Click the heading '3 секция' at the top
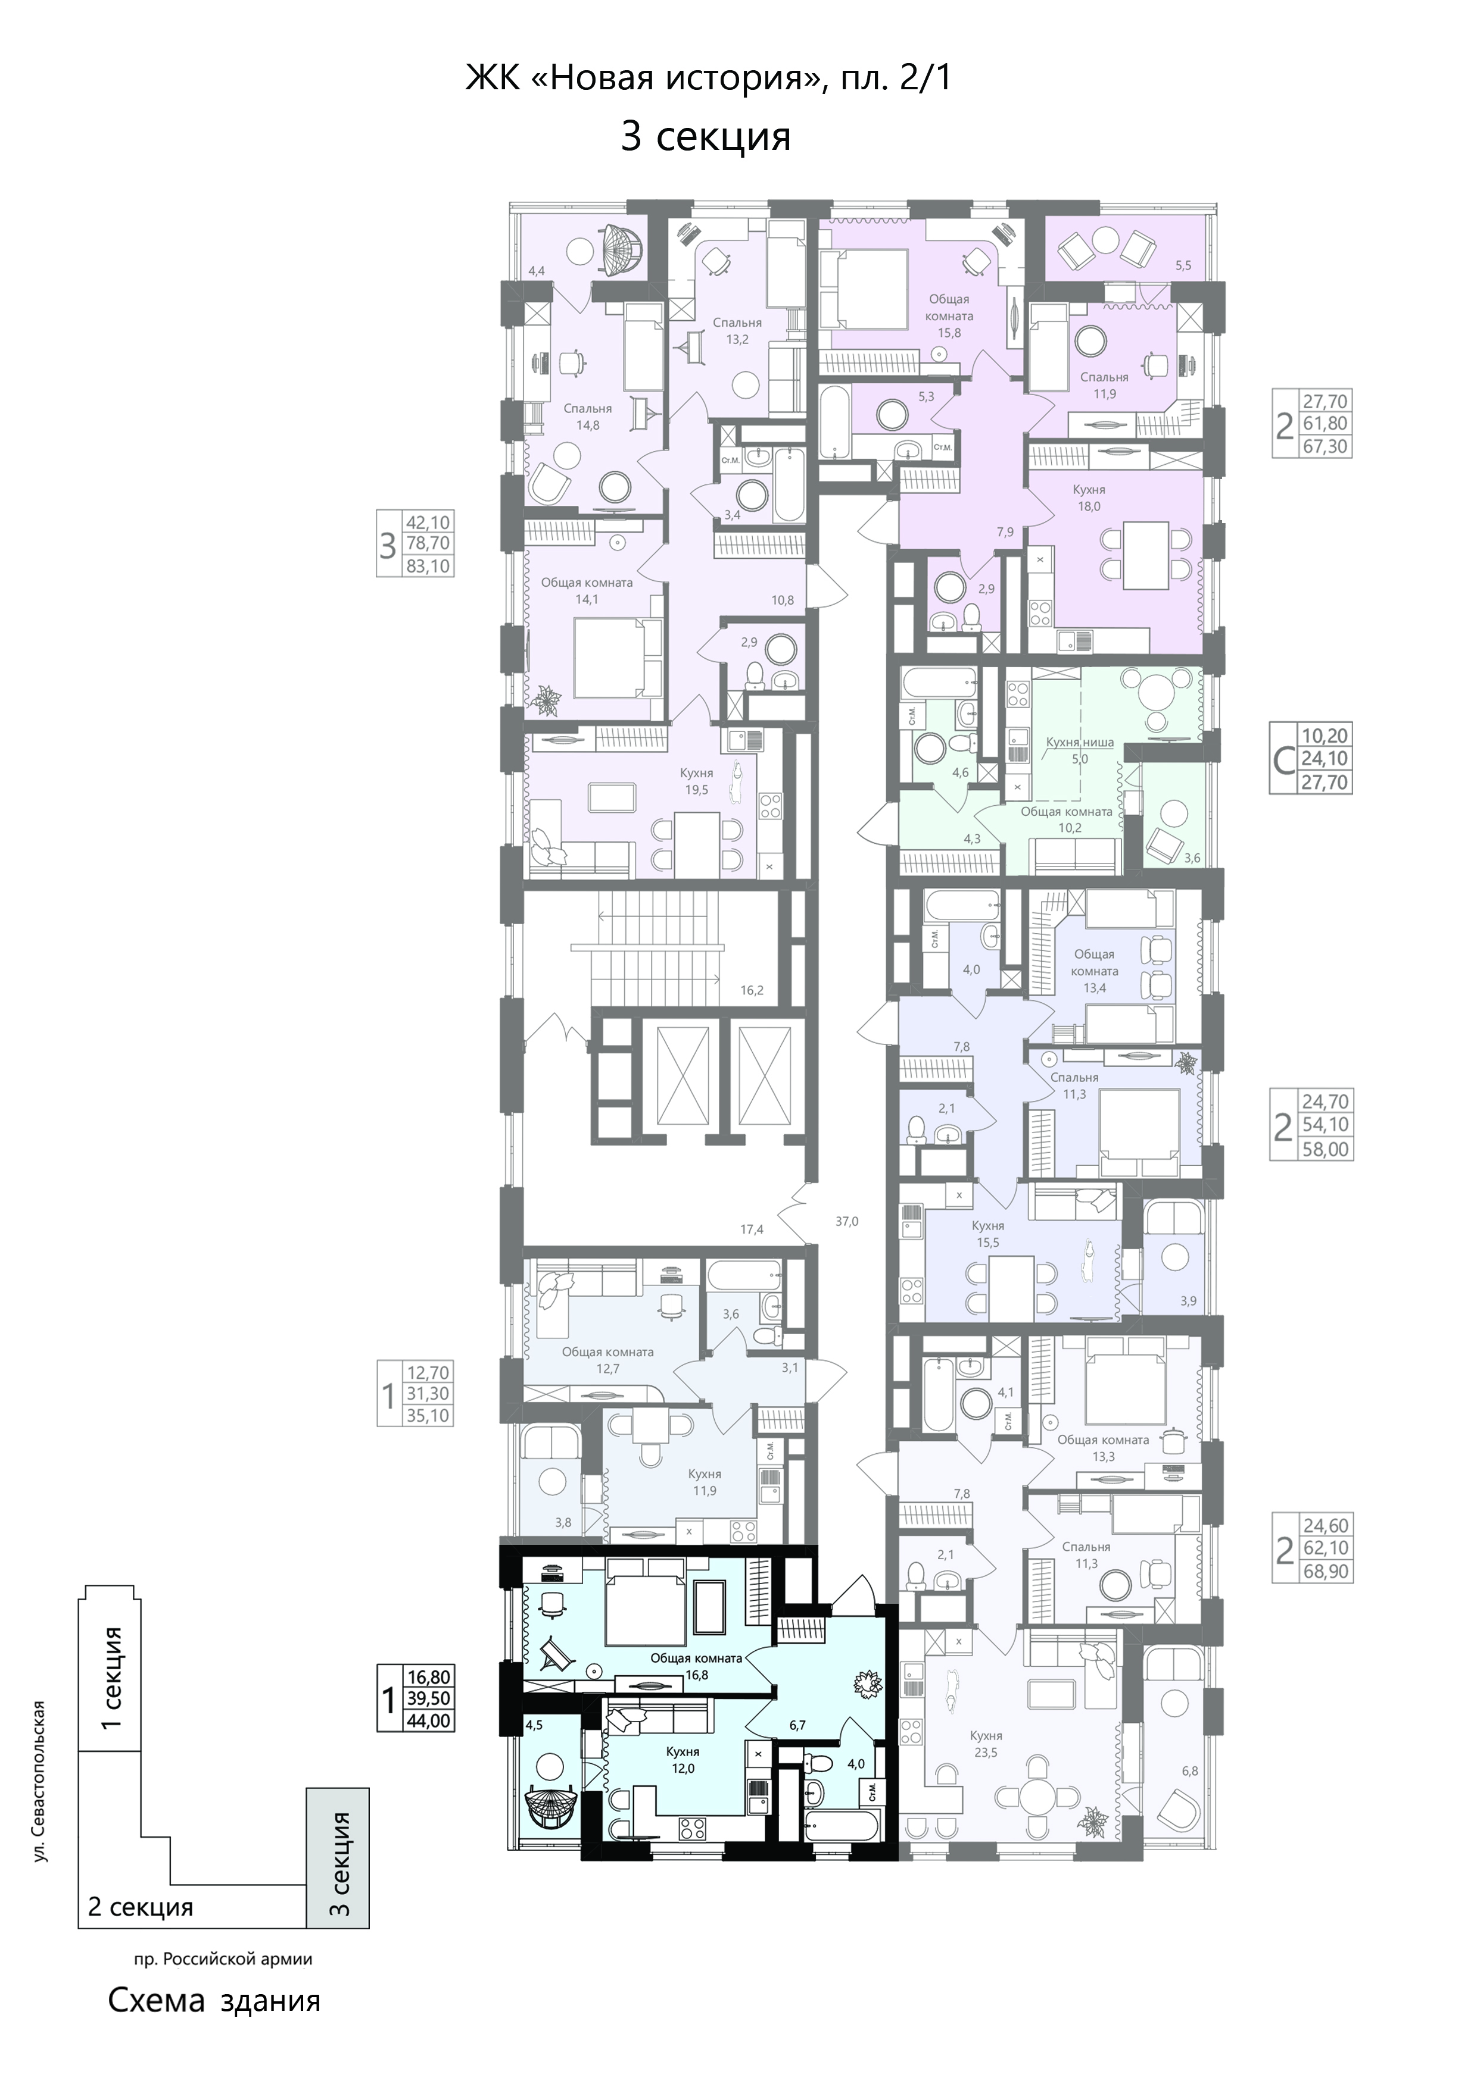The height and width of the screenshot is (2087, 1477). (706, 136)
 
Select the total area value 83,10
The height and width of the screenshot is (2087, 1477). (428, 567)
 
